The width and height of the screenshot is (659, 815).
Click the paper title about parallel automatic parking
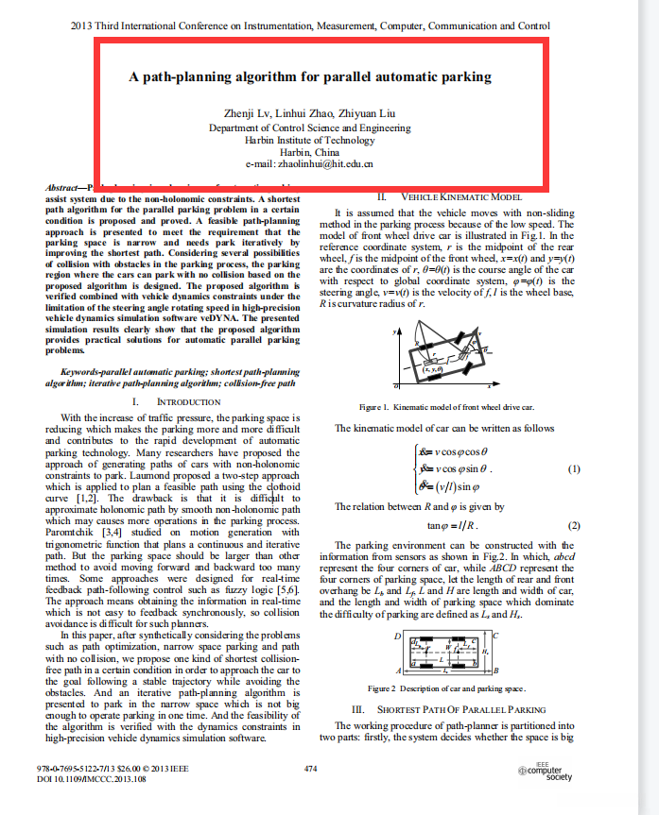(310, 77)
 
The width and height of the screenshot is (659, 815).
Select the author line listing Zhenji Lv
(310, 113)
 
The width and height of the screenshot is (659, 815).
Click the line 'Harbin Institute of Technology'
(310, 139)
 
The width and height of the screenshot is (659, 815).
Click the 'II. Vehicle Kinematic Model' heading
(450, 196)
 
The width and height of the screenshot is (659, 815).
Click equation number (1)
(573, 469)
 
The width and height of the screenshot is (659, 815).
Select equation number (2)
(573, 525)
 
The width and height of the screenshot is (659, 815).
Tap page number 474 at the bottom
(311, 769)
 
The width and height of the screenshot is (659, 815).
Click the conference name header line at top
(310, 25)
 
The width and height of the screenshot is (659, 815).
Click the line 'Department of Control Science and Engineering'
(310, 127)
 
